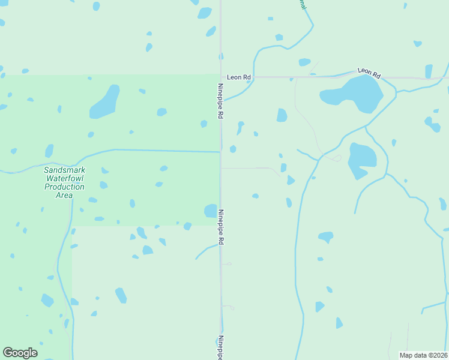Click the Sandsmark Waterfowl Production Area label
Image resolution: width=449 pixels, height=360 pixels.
[x=64, y=182]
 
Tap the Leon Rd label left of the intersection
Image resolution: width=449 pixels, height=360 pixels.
[x=239, y=77]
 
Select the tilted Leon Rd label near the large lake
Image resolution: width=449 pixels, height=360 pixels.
[x=369, y=73]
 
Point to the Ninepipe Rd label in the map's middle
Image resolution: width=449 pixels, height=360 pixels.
[x=221, y=226]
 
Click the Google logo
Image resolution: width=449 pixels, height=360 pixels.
[x=20, y=352]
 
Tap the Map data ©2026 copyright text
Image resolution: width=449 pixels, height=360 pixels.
[x=423, y=355]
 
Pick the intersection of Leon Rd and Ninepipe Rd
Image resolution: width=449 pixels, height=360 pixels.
[x=221, y=77]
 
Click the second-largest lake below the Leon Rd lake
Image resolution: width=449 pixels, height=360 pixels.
[x=361, y=159]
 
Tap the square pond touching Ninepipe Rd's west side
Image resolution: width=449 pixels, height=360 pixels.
[x=210, y=211]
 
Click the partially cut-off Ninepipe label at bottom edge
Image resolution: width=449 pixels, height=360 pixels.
[x=220, y=348]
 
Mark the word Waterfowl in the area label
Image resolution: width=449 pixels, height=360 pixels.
[x=64, y=178]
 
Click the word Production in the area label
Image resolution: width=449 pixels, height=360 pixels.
[x=64, y=187]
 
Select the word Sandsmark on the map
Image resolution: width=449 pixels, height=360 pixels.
[x=64, y=170]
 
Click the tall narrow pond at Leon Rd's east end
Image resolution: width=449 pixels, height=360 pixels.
[x=429, y=71]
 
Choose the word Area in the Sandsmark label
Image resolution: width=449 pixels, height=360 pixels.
[x=64, y=195]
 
